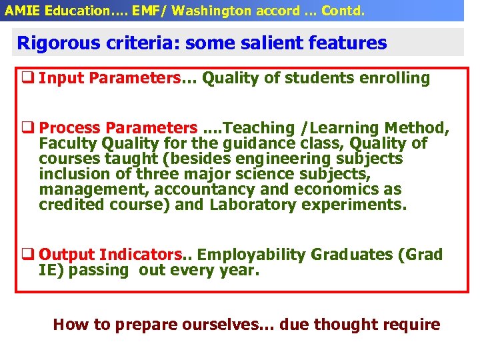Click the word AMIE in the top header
click(20, 10)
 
